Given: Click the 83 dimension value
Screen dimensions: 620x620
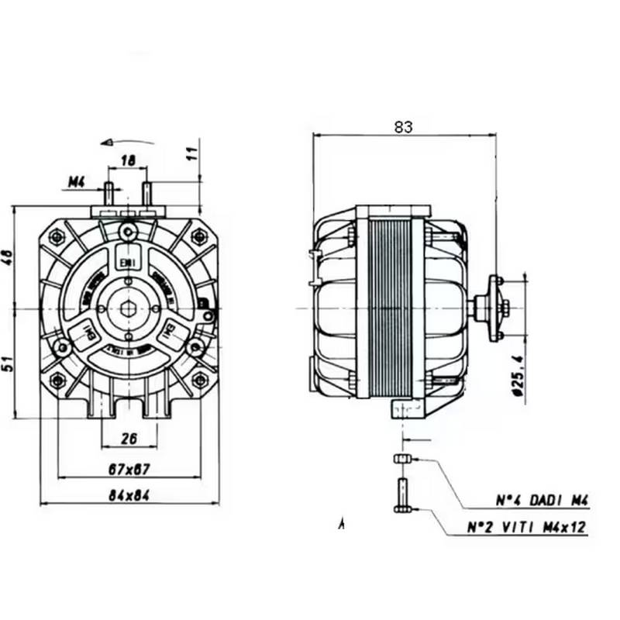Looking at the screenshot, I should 403,127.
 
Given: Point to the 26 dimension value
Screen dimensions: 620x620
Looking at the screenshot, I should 129,439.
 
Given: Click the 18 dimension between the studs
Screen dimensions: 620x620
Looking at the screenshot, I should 129,160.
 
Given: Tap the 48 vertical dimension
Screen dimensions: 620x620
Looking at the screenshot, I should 9,257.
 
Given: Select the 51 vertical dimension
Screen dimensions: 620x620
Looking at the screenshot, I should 9,363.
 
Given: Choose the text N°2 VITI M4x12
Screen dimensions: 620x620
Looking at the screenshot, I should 527,528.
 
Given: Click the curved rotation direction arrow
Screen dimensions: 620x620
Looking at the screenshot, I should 117,142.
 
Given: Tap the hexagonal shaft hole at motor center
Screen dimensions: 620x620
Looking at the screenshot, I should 129,308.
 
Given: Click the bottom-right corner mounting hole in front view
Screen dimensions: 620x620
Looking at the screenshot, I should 200,380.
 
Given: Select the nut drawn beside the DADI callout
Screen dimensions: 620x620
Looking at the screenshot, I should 401,460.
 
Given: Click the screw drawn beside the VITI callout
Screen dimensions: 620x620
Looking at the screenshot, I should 401,495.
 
